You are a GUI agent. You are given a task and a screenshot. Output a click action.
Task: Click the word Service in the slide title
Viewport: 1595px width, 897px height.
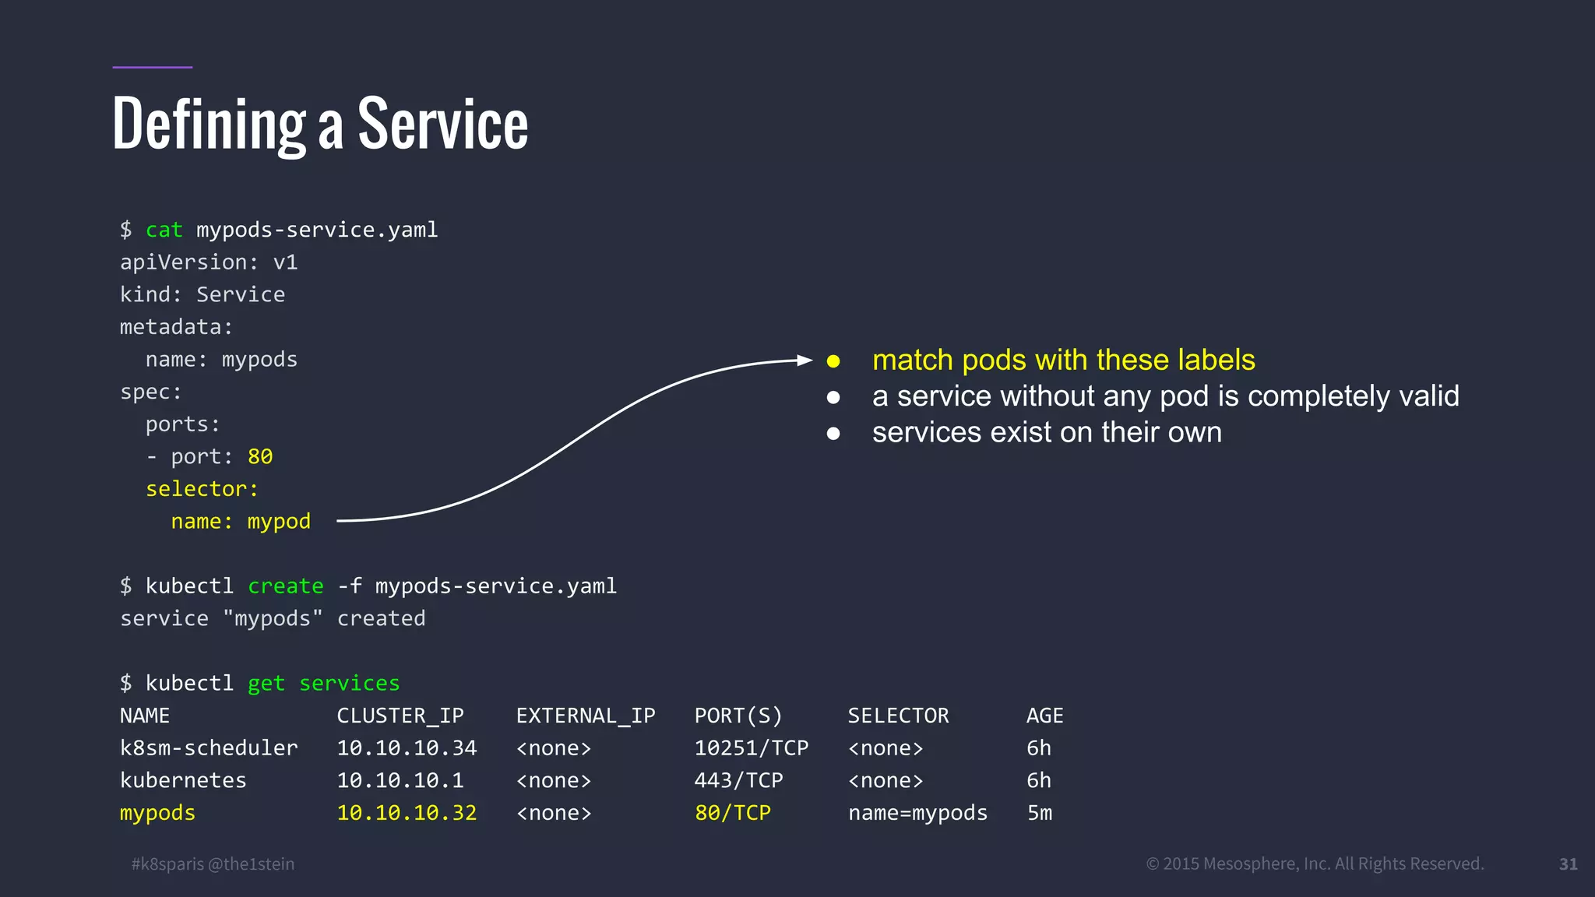click(442, 125)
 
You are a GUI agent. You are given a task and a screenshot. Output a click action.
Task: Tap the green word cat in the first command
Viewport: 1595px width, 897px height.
click(164, 230)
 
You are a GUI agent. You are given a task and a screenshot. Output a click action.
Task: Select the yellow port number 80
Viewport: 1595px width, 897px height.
click(260, 456)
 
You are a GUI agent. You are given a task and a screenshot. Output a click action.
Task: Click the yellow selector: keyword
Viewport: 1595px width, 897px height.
click(202, 489)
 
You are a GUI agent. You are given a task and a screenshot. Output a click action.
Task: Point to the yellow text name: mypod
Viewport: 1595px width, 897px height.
click(241, 521)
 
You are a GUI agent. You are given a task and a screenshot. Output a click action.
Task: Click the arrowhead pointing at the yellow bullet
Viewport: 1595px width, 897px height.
click(805, 360)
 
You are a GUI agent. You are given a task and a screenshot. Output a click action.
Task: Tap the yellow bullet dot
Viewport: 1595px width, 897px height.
click(833, 361)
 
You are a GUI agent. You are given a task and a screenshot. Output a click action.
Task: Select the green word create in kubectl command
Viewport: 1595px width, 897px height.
click(285, 586)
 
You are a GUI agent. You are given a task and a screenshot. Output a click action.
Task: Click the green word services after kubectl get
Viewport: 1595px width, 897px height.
click(349, 683)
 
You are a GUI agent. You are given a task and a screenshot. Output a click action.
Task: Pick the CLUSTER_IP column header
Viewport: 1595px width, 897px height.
click(400, 716)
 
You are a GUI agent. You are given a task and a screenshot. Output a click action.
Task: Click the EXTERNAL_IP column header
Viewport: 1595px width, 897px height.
click(586, 716)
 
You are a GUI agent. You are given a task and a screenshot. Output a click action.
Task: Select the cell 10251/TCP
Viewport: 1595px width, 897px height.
click(751, 748)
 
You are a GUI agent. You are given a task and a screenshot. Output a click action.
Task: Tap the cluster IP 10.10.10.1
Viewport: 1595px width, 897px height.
click(400, 780)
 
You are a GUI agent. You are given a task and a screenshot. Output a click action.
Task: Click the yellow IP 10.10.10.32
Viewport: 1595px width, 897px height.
click(407, 813)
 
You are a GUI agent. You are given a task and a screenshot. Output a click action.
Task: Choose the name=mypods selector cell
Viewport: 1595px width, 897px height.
click(917, 813)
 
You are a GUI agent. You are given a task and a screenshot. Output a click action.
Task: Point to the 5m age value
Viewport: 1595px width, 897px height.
click(1039, 813)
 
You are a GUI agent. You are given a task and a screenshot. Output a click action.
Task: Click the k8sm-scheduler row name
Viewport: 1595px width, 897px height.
click(209, 748)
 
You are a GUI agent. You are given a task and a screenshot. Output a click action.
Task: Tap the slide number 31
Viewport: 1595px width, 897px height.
click(1568, 864)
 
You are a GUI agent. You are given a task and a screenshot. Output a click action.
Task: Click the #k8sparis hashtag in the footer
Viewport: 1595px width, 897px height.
click(167, 864)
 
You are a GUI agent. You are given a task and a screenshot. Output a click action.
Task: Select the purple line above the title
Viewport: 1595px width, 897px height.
click(152, 67)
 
